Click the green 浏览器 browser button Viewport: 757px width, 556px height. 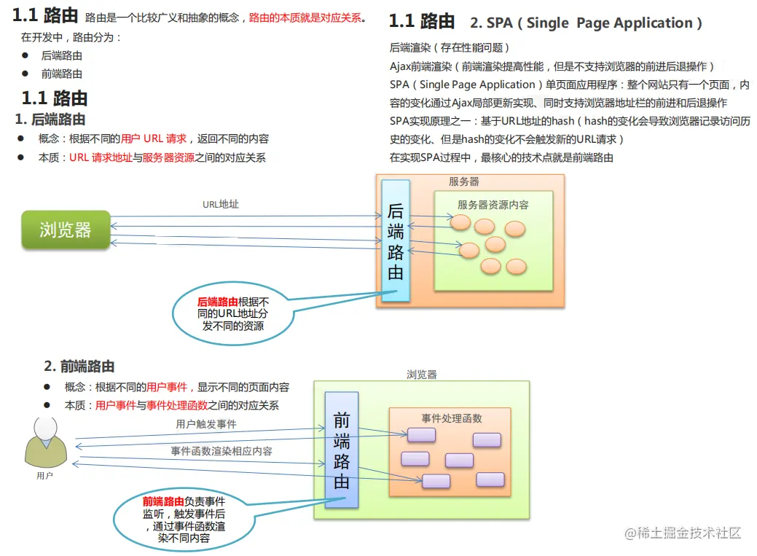[x=66, y=230]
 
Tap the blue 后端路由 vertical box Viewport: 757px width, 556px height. [x=396, y=241]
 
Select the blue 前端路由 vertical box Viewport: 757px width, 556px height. [x=342, y=450]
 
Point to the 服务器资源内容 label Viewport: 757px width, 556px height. [x=493, y=205]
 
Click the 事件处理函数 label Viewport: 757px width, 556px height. [x=451, y=418]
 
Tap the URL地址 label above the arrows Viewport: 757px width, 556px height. [x=221, y=204]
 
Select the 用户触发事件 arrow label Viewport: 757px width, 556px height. [x=205, y=423]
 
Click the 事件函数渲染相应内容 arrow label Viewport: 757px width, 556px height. [x=221, y=451]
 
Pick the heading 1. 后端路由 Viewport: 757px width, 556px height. [x=50, y=119]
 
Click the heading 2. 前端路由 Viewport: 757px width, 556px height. [x=79, y=366]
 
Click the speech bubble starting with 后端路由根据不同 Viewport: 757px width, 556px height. [x=233, y=314]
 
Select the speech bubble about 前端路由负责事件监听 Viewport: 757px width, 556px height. [x=184, y=520]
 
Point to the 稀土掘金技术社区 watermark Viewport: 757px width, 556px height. [x=683, y=533]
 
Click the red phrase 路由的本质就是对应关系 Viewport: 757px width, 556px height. [x=305, y=17]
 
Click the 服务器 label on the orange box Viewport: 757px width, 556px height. [x=464, y=181]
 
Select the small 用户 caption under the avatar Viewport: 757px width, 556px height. [x=44, y=475]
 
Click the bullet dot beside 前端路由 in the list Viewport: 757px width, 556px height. [x=25, y=74]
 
